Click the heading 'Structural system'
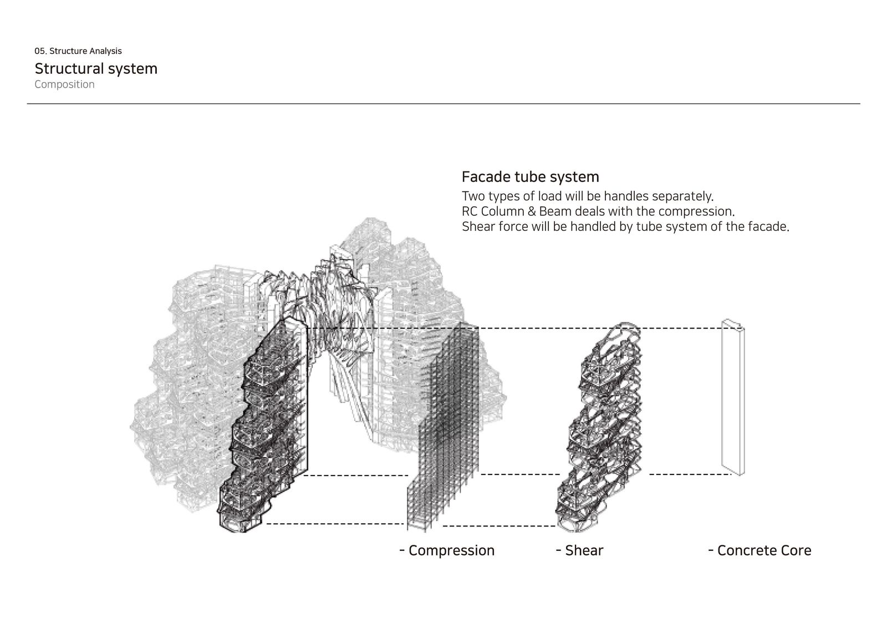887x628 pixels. pyautogui.click(x=96, y=69)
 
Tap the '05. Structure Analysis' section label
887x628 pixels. pyautogui.click(x=78, y=51)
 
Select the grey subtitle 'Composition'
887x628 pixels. pyautogui.click(x=64, y=84)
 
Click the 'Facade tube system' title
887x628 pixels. pyautogui.click(x=530, y=177)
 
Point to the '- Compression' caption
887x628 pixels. pyautogui.click(x=447, y=550)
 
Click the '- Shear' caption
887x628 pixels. pyautogui.click(x=580, y=550)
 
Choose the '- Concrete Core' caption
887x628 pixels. pyautogui.click(x=760, y=550)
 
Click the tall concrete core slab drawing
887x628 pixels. pyautogui.click(x=733, y=397)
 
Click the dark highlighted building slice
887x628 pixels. pyautogui.click(x=263, y=426)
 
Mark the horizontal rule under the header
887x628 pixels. pyautogui.click(x=443, y=104)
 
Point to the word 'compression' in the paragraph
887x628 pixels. pyautogui.click(x=696, y=212)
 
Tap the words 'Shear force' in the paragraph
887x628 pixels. pyautogui.click(x=495, y=227)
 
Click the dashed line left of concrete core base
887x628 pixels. pyautogui.click(x=690, y=474)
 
